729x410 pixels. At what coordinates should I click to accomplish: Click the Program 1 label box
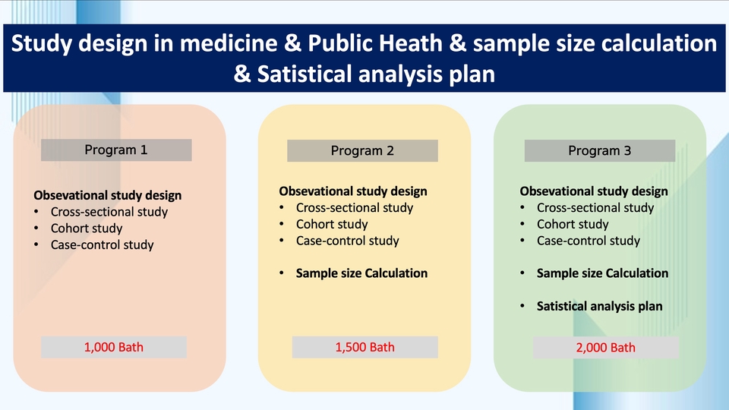tap(116, 150)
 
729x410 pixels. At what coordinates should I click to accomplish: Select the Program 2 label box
tap(362, 150)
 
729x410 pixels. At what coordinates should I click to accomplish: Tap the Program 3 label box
tap(599, 150)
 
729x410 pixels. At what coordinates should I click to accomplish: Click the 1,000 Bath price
tap(114, 348)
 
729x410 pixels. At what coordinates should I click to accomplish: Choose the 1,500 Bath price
tap(365, 347)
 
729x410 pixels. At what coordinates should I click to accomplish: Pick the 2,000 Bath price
tap(606, 348)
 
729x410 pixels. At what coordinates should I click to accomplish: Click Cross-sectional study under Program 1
tap(109, 212)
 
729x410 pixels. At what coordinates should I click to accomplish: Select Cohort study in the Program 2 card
tap(332, 224)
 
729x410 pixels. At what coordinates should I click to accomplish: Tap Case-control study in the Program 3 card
tap(589, 241)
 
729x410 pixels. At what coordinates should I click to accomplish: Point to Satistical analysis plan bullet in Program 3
tap(599, 306)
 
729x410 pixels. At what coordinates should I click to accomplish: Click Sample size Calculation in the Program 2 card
tap(361, 273)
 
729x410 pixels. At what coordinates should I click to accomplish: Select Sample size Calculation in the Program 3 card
tap(602, 273)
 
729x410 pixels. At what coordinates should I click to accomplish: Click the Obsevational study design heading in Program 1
tap(108, 195)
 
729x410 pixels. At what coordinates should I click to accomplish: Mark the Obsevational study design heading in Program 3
tap(594, 191)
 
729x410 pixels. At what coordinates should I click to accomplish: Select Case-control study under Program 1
tap(102, 244)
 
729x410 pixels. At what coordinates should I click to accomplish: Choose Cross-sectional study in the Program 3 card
tap(595, 207)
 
